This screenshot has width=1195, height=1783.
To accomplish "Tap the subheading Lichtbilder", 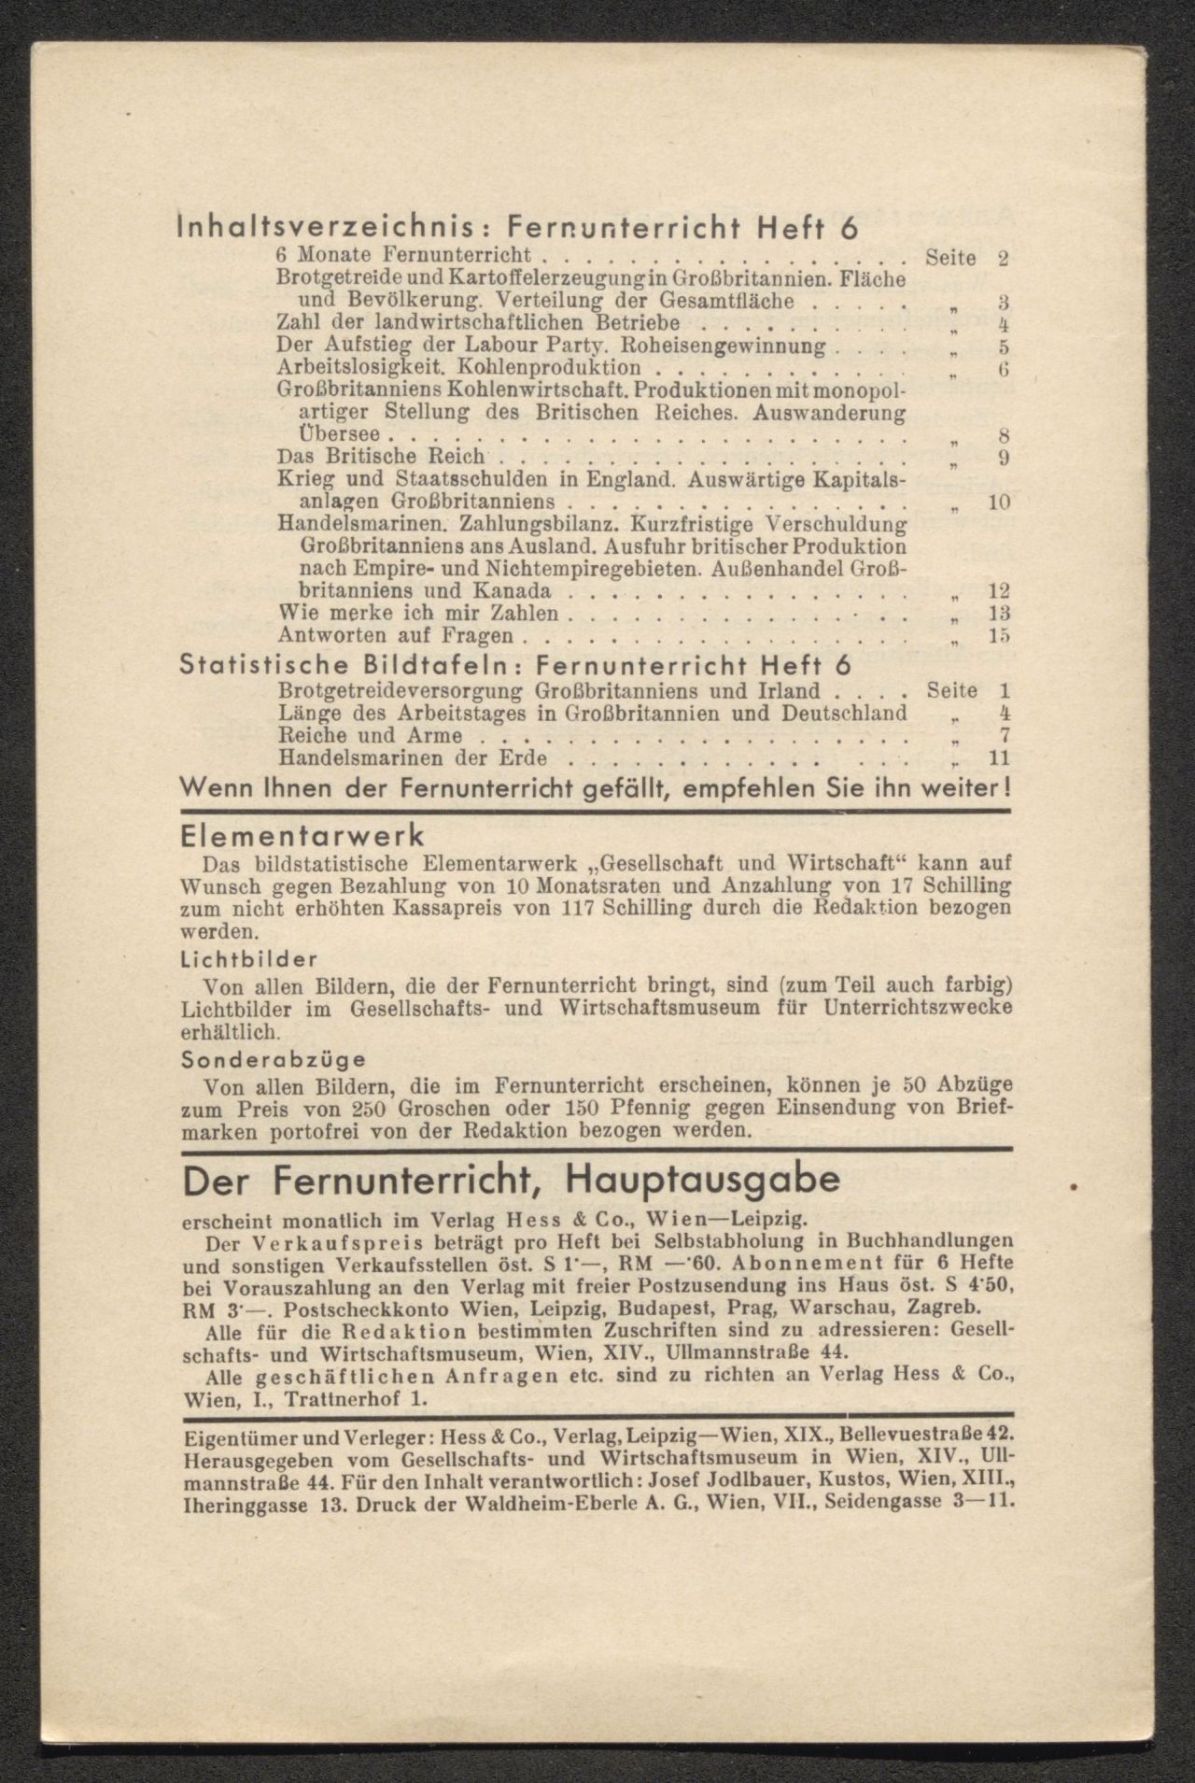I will (249, 959).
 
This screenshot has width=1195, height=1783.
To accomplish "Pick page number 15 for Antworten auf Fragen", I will (998, 636).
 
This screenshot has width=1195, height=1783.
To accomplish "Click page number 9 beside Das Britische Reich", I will (1002, 458).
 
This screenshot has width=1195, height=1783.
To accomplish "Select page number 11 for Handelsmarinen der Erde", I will (998, 758).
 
